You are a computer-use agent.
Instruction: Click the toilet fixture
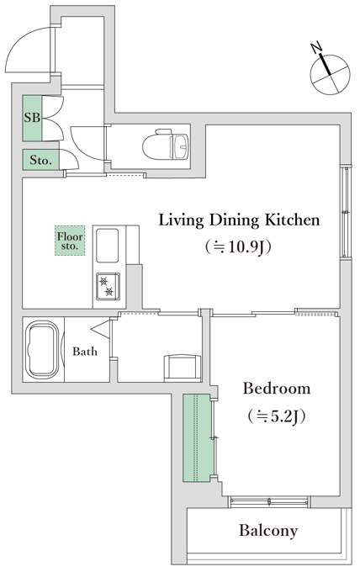pyautogui.click(x=166, y=144)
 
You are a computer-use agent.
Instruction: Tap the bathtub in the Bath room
pyautogui.click(x=42, y=350)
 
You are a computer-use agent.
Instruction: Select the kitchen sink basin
pyautogui.click(x=107, y=246)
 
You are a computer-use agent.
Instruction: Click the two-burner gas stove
pyautogui.click(x=108, y=286)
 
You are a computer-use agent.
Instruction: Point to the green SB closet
pyautogui.click(x=32, y=119)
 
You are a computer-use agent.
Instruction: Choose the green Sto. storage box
pyautogui.click(x=40, y=160)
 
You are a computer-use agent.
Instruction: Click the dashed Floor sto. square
pyautogui.click(x=70, y=241)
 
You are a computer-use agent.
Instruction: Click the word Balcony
pyautogui.click(x=268, y=531)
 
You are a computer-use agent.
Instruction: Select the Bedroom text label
pyautogui.click(x=277, y=388)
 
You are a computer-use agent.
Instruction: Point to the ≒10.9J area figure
pyautogui.click(x=238, y=247)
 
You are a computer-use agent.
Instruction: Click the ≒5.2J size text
pyautogui.click(x=276, y=416)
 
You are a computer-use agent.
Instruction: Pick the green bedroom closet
pyautogui.click(x=197, y=437)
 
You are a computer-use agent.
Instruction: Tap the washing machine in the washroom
pyautogui.click(x=183, y=368)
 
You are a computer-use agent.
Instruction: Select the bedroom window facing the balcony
pyautogui.click(x=269, y=502)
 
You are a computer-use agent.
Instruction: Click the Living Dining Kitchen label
pyautogui.click(x=239, y=220)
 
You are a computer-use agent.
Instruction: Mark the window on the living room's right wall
pyautogui.click(x=345, y=212)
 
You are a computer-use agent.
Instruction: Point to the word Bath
pyautogui.click(x=85, y=352)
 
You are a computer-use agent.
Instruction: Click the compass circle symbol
pyautogui.click(x=330, y=75)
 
